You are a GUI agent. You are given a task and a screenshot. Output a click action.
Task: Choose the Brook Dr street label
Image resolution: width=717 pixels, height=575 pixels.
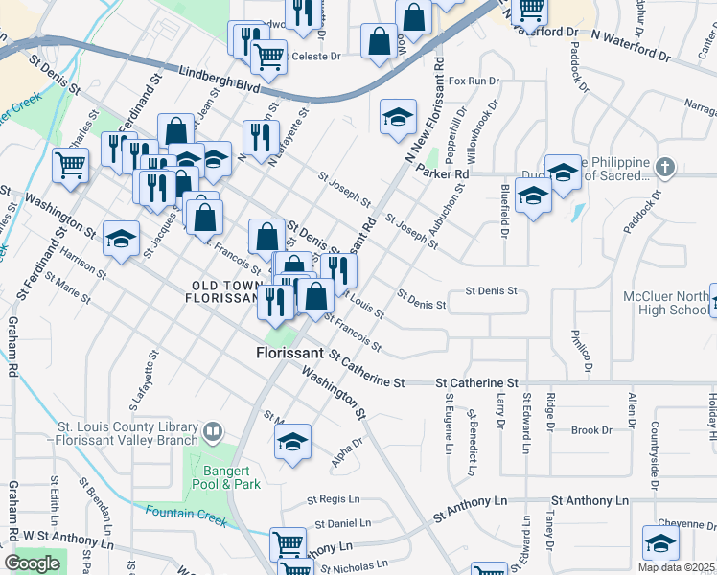tap(584, 430)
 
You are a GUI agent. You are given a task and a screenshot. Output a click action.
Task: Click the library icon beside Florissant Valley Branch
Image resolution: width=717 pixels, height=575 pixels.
tap(212, 432)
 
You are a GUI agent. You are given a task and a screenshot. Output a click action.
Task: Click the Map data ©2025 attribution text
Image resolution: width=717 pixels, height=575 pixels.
tap(677, 567)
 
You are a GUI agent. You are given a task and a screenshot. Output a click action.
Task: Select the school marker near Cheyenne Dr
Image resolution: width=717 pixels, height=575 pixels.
tap(660, 543)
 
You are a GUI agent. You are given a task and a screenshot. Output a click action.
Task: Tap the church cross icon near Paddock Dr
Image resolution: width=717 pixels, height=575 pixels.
tap(665, 168)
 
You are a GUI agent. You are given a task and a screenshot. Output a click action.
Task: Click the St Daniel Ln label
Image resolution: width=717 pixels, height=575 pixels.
tap(342, 523)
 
